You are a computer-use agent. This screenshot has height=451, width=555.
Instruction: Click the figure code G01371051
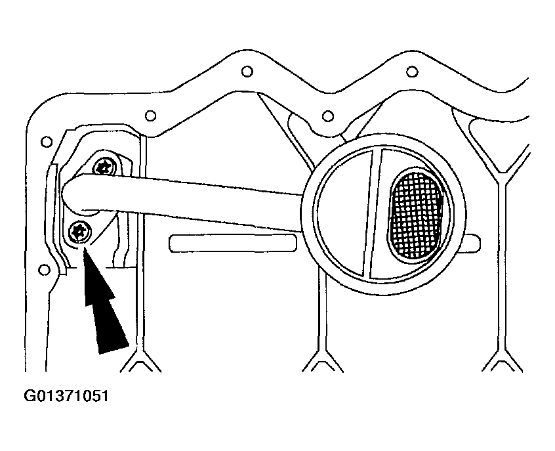pos(66,396)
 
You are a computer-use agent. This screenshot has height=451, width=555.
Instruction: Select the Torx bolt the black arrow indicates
pos(80,231)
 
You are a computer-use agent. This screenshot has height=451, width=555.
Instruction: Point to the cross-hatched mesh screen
pos(416,215)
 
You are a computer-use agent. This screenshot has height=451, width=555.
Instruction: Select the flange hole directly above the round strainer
pos(328,116)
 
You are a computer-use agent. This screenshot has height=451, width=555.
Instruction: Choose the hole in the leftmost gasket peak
pos(247,71)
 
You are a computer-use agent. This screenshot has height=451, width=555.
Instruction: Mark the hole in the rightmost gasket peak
pos(411,72)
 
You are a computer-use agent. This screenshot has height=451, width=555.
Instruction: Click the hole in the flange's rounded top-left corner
pos(47,142)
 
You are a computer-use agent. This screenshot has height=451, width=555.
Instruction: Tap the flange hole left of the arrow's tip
pos(44,270)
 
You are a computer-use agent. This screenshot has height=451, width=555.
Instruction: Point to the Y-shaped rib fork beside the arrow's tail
pos(141,358)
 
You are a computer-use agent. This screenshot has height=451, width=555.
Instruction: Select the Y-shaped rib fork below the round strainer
pos(323,358)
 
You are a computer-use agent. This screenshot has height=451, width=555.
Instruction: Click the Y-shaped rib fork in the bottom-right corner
pos(503,358)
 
